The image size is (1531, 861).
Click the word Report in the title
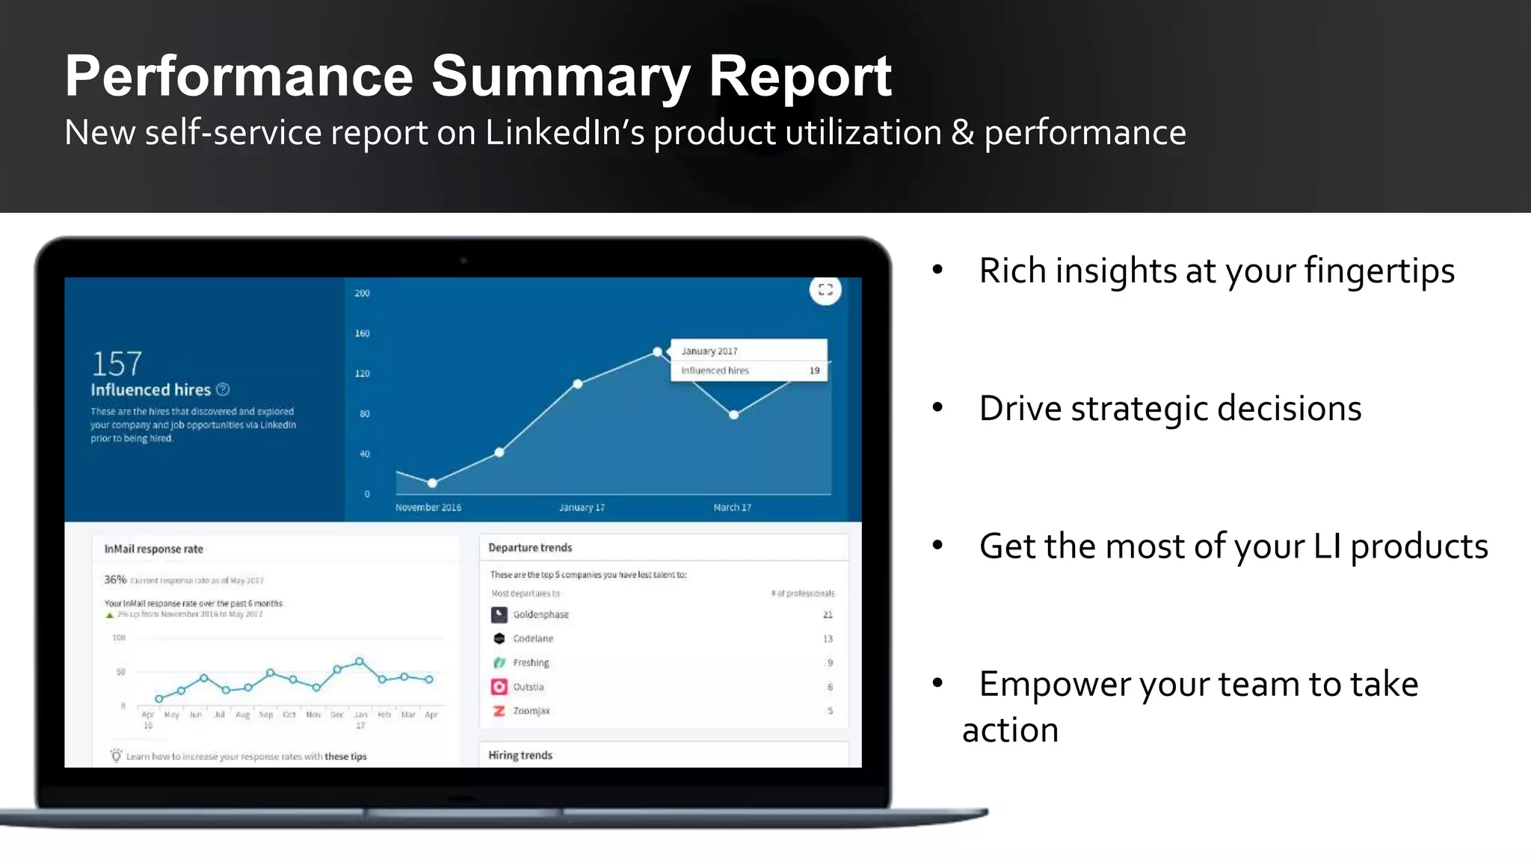click(x=799, y=77)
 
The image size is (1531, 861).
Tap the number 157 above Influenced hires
click(x=117, y=364)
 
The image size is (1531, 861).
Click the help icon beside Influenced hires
click(x=223, y=389)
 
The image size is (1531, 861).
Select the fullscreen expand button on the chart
click(x=825, y=290)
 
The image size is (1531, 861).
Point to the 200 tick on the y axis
click(x=362, y=293)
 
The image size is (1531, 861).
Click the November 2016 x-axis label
click(x=428, y=507)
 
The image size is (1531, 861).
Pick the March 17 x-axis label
click(x=732, y=507)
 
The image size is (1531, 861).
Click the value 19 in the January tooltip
click(x=814, y=371)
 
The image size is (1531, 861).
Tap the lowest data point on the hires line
click(x=432, y=483)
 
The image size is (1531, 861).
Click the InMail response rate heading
click(x=153, y=549)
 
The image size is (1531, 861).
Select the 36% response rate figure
click(x=115, y=579)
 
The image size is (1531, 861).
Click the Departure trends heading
click(x=530, y=548)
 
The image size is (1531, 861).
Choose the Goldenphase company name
click(x=540, y=614)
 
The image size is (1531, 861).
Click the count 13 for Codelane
click(x=828, y=639)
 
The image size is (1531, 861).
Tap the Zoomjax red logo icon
click(x=499, y=711)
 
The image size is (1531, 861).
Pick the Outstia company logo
click(x=499, y=687)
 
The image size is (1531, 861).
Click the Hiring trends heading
click(x=520, y=756)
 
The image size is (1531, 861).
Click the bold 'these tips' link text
click(x=345, y=756)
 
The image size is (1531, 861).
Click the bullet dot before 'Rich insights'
click(x=937, y=270)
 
